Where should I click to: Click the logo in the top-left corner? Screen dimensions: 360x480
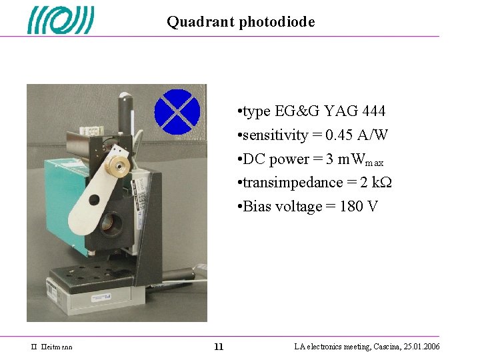(61, 20)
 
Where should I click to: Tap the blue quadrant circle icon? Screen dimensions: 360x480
(177, 111)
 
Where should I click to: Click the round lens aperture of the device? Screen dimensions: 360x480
(112, 223)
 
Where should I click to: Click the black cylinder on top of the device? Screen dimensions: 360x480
(124, 110)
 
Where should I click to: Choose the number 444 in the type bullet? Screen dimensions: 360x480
(373, 111)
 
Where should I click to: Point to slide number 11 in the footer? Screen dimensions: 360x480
(219, 347)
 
